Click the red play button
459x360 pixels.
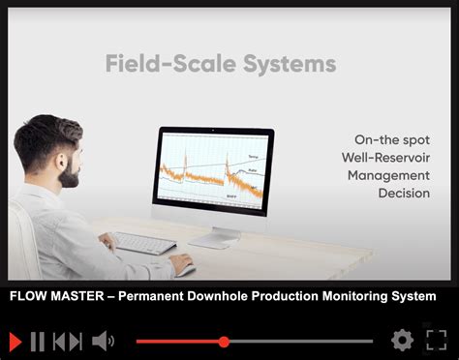pyautogui.click(x=15, y=341)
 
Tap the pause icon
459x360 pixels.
pyautogui.click(x=39, y=341)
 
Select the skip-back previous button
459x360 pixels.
pyautogui.click(x=67, y=341)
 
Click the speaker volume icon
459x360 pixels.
pyautogui.click(x=103, y=341)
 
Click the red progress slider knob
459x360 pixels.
pyautogui.click(x=225, y=342)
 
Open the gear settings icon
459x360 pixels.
pyautogui.click(x=401, y=341)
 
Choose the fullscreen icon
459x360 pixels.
pyautogui.click(x=436, y=341)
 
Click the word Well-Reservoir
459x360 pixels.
pyautogui.click(x=385, y=157)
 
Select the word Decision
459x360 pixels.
pyautogui.click(x=404, y=194)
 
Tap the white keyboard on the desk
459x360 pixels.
pyautogui.click(x=144, y=243)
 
